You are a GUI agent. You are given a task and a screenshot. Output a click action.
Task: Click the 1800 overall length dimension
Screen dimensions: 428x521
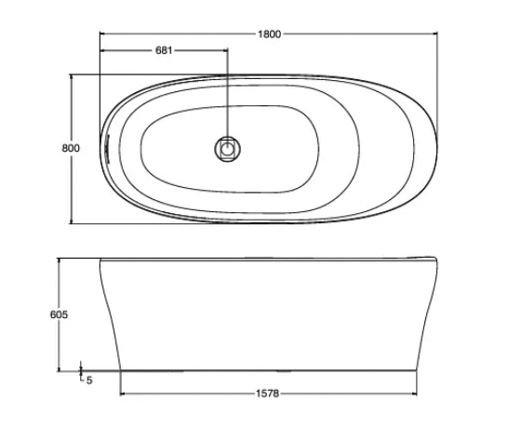[268, 33]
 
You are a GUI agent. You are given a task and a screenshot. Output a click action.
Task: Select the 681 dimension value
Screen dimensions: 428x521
[163, 50]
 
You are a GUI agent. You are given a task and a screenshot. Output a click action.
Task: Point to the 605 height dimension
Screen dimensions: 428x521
[59, 314]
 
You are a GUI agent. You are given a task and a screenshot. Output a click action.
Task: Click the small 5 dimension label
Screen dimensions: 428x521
[89, 381]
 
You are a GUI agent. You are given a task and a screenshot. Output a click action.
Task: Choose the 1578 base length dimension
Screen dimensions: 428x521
[268, 394]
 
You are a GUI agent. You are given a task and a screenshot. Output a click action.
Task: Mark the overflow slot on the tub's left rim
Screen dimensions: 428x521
[109, 147]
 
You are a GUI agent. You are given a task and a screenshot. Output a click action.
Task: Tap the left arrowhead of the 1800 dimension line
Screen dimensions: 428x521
[102, 33]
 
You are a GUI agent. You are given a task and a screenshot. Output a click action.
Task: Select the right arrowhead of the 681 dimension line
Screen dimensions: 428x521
[224, 50]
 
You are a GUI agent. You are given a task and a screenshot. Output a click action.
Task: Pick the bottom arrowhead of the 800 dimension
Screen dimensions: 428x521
[72, 221]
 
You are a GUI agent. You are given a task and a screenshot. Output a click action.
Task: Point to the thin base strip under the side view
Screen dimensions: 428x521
[268, 369]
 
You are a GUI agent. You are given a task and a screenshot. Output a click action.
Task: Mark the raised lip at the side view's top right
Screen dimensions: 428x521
[423, 257]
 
